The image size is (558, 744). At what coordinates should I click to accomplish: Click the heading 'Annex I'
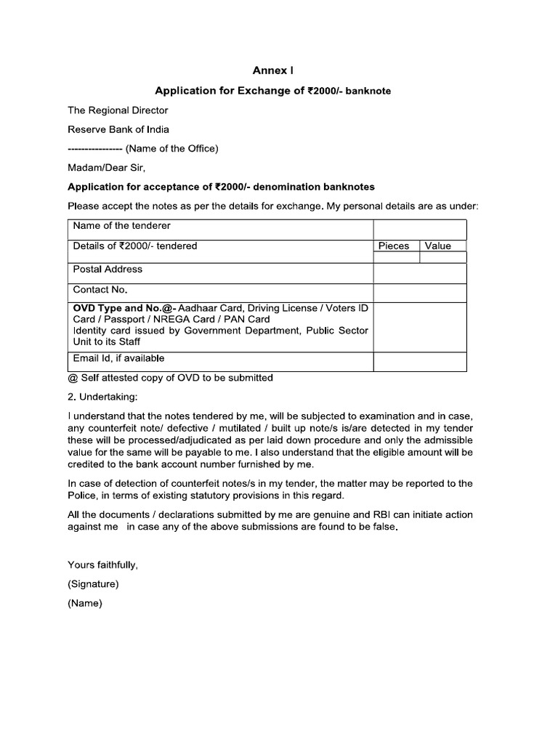(x=273, y=70)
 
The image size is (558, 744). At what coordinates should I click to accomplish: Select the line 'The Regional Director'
(x=118, y=110)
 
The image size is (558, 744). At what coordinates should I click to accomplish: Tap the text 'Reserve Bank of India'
(x=118, y=129)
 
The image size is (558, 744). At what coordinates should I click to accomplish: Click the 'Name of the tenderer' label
(x=122, y=226)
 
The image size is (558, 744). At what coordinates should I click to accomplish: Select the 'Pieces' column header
(x=394, y=246)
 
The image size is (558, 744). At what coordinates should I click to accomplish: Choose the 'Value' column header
(x=438, y=246)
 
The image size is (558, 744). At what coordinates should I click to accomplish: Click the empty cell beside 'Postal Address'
(x=420, y=273)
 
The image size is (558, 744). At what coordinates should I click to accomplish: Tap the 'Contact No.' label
(x=100, y=289)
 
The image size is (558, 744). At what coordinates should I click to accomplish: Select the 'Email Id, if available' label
(x=119, y=358)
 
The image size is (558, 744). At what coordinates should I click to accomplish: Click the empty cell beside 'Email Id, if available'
(x=420, y=362)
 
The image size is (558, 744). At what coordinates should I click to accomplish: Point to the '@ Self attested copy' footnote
(x=170, y=378)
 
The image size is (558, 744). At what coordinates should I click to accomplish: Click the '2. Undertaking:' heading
(x=102, y=397)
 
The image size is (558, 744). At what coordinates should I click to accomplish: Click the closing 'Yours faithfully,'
(x=102, y=565)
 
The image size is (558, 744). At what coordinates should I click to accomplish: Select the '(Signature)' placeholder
(x=93, y=583)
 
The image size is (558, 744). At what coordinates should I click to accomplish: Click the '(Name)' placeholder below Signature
(x=85, y=603)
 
